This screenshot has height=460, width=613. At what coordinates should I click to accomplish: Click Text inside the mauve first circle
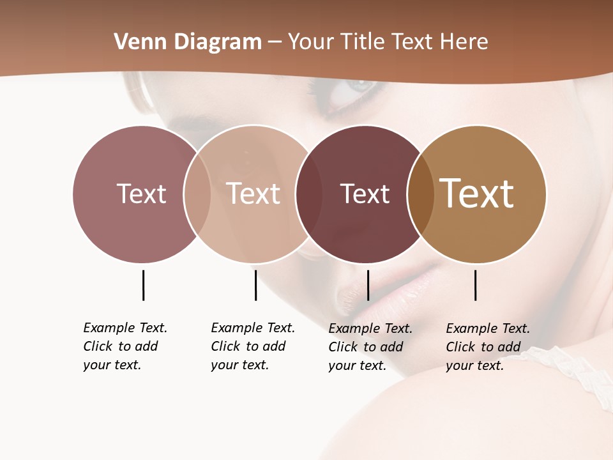click(141, 194)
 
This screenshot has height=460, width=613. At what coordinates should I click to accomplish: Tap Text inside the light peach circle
click(253, 194)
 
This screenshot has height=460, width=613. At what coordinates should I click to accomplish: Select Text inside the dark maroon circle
click(365, 194)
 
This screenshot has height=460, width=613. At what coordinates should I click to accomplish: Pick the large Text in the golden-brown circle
click(477, 193)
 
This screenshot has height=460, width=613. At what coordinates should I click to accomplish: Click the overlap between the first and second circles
click(197, 194)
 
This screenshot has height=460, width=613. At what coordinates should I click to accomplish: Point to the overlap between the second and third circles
click(309, 194)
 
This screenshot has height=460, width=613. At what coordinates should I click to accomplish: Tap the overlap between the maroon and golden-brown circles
click(421, 194)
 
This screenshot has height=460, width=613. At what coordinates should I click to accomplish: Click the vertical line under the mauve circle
click(143, 285)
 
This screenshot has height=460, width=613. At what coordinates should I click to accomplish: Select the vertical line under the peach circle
click(255, 285)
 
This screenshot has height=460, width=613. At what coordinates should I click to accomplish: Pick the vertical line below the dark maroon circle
click(368, 285)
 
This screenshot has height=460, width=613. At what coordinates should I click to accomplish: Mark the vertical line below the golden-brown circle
click(476, 285)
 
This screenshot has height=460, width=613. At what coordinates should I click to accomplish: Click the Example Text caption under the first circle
click(125, 346)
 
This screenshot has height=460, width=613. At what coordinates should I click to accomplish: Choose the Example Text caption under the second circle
click(253, 346)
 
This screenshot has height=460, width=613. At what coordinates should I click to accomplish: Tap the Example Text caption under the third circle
click(370, 347)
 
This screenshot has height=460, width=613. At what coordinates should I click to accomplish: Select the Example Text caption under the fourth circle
click(488, 347)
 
